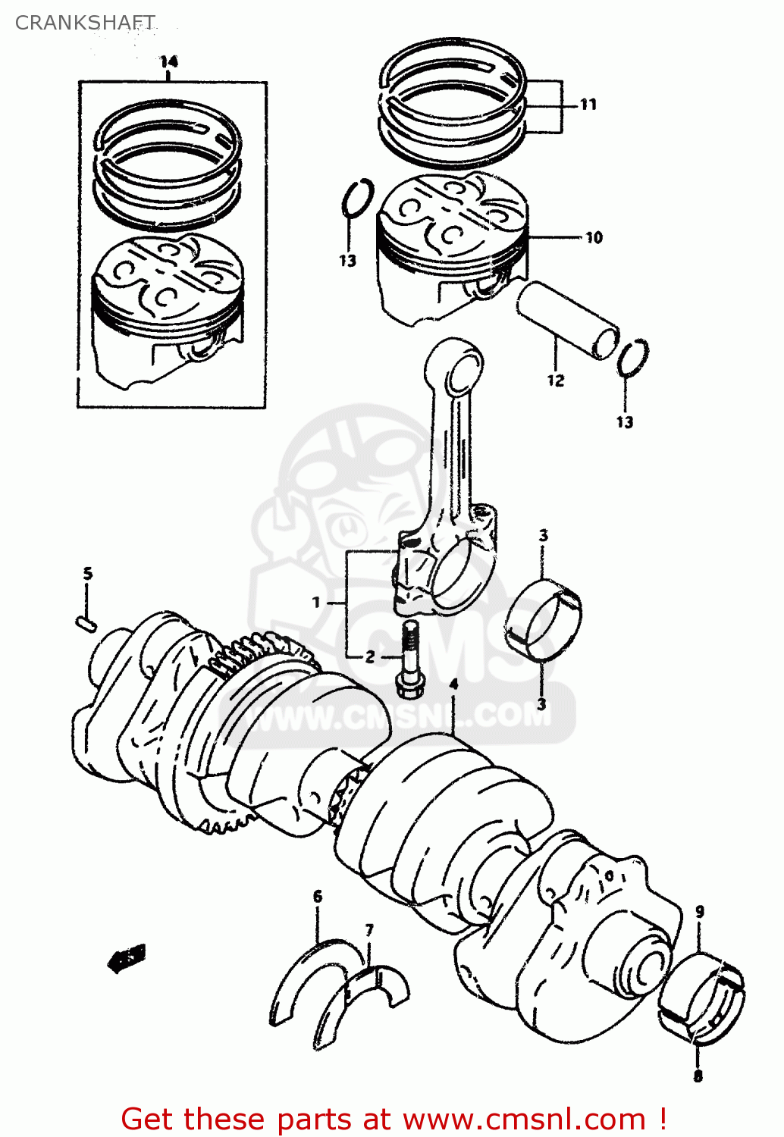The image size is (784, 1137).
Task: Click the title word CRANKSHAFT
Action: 85,23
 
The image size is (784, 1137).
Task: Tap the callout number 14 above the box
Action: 168,61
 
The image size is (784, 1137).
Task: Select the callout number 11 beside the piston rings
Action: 588,105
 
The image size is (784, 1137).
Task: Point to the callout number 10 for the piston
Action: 594,238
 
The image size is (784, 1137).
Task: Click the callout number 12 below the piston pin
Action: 556,381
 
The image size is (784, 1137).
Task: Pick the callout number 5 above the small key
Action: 88,574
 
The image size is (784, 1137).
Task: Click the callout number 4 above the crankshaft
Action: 453,684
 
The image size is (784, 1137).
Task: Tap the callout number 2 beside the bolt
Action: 370,656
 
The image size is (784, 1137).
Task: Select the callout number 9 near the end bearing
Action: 699,911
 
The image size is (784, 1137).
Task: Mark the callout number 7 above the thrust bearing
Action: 369,930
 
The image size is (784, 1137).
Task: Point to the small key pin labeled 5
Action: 86,624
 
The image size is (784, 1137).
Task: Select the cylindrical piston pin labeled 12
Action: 567,318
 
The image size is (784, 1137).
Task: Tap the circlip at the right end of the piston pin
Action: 632,357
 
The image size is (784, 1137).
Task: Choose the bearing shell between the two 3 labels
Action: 543,619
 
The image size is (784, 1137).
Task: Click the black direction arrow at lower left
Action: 126,960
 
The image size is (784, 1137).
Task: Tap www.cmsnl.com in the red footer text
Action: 523,1119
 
